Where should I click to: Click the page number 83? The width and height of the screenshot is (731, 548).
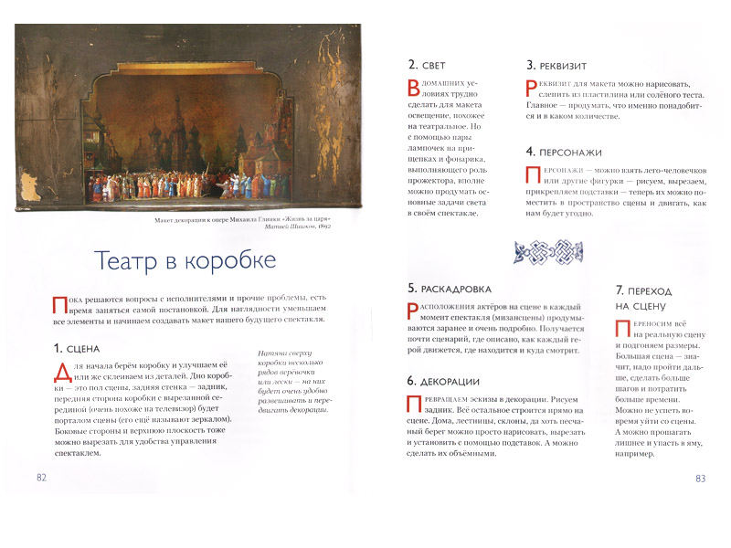(701, 478)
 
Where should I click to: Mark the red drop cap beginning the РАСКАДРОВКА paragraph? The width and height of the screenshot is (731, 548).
(413, 311)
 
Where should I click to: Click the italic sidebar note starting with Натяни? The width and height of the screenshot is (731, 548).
(289, 385)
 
